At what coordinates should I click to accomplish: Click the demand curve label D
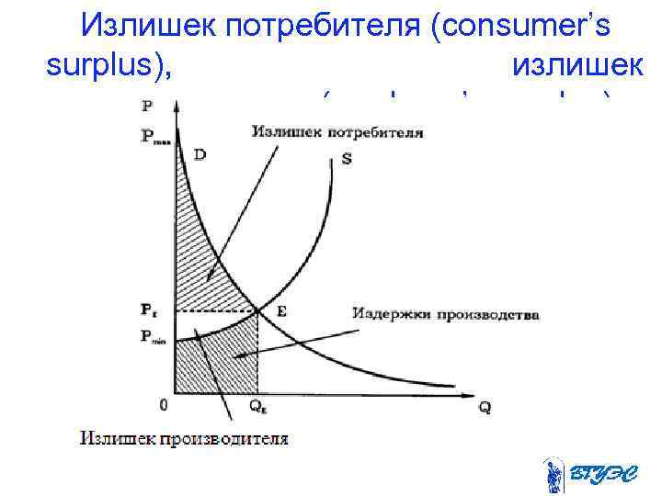click(x=200, y=155)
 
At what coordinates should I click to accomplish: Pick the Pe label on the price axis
click(x=150, y=311)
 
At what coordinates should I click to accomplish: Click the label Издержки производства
click(x=445, y=314)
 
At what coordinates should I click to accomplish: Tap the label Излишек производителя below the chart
click(x=184, y=438)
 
